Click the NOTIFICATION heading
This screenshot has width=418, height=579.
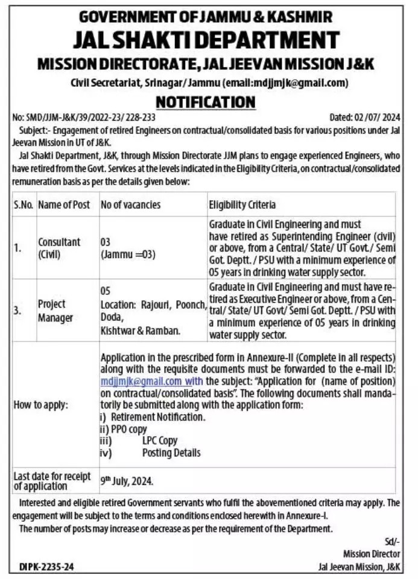click(205, 102)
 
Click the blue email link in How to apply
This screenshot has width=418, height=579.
click(141, 381)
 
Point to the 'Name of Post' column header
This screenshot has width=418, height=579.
click(63, 204)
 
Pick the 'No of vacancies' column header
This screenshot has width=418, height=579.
click(130, 204)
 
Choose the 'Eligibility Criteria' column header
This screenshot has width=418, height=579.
click(242, 204)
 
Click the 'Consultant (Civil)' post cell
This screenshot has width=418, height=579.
click(59, 248)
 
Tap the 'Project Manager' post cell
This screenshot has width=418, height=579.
click(55, 311)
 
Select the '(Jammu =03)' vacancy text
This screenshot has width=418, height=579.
click(128, 254)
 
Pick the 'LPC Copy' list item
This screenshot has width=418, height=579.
click(160, 441)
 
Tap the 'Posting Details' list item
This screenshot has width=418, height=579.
click(171, 452)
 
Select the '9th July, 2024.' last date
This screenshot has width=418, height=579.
click(127, 481)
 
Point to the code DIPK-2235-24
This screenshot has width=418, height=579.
click(46, 566)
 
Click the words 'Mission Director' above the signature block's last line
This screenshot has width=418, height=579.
click(372, 554)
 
